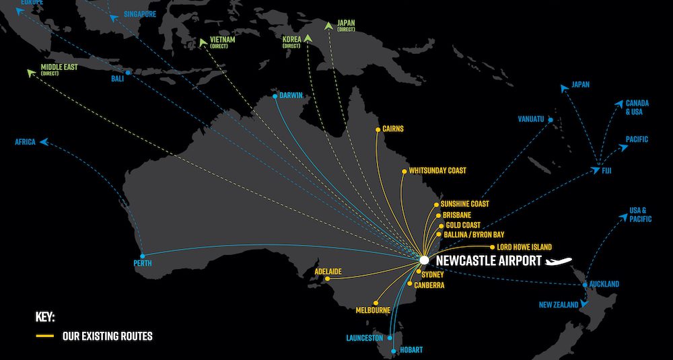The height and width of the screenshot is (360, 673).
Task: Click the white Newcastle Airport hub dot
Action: (x=423, y=259)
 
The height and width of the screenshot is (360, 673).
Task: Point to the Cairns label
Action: (x=392, y=129)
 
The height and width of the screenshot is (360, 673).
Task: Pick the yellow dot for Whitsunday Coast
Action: (x=402, y=171)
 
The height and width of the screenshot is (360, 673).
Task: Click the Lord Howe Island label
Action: (x=524, y=248)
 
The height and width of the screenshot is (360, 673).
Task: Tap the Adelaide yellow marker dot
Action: (x=327, y=279)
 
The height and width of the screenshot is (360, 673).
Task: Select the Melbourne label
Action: (x=374, y=310)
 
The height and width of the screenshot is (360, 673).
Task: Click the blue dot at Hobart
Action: (x=394, y=351)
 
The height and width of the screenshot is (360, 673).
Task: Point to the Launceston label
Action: (x=365, y=338)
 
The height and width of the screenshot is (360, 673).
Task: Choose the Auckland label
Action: (x=604, y=284)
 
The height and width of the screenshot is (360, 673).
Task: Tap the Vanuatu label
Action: (x=531, y=119)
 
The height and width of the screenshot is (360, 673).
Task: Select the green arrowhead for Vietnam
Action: (x=203, y=42)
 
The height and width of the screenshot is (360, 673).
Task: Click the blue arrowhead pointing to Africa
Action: (x=42, y=142)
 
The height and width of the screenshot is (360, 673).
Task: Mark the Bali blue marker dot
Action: (x=127, y=73)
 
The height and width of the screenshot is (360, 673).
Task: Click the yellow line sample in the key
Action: (x=45, y=335)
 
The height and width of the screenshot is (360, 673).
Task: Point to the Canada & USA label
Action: (x=637, y=107)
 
